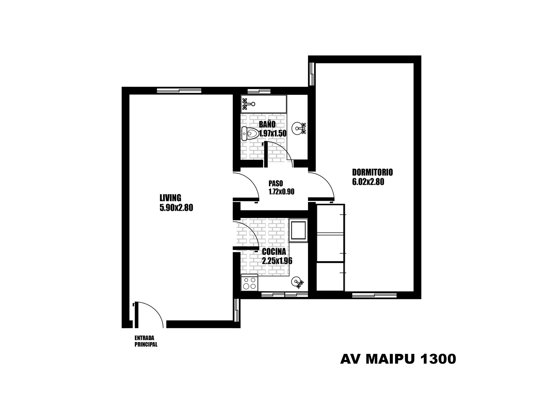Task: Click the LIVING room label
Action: pyautogui.click(x=170, y=197)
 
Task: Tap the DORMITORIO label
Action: pyautogui.click(x=372, y=172)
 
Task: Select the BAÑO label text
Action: pyautogui.click(x=267, y=124)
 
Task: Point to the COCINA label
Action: pyautogui.click(x=274, y=252)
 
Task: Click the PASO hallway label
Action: pyautogui.click(x=276, y=184)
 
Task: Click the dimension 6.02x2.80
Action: pyautogui.click(x=368, y=182)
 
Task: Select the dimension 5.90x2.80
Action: pyautogui.click(x=176, y=208)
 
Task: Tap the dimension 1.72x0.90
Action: pyautogui.click(x=281, y=192)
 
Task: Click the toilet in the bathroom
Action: pyautogui.click(x=250, y=133)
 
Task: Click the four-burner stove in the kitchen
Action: pyautogui.click(x=249, y=283)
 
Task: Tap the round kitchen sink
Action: pyautogui.click(x=297, y=282)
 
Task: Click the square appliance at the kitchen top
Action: pyautogui.click(x=298, y=230)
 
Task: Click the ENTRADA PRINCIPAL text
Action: pyautogui.click(x=146, y=341)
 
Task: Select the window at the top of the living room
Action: pyautogui.click(x=179, y=91)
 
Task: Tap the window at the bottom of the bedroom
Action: pyautogui.click(x=374, y=295)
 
